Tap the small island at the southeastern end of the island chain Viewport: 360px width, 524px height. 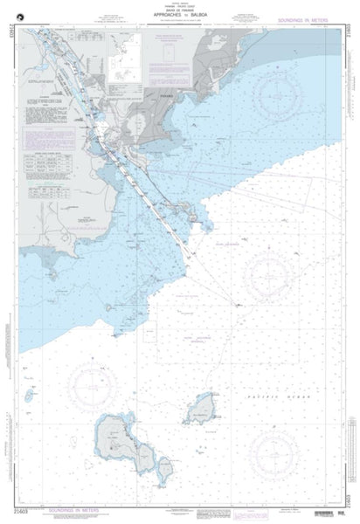[x=164, y=462]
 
